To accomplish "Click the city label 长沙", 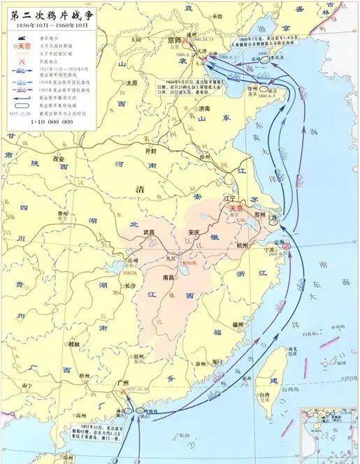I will point(130,286).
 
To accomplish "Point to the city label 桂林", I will point(74,344).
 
